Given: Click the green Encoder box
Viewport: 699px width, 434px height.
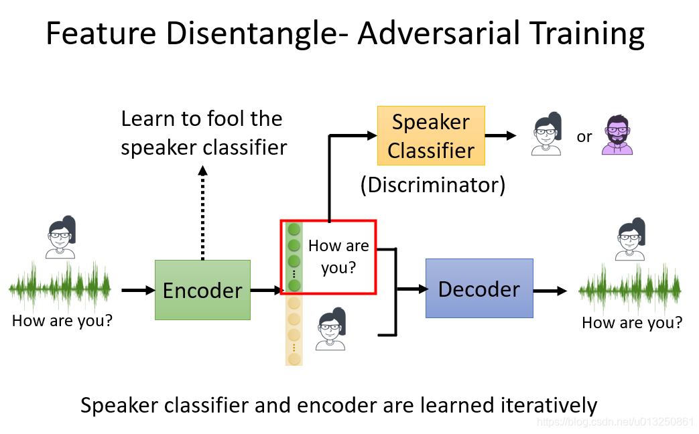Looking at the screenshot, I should (x=202, y=289).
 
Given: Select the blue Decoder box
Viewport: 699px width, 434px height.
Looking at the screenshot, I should (x=479, y=288).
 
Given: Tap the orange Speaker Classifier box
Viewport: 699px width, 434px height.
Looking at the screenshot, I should (x=431, y=136).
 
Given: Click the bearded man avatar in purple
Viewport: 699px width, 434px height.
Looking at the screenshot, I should (x=617, y=135).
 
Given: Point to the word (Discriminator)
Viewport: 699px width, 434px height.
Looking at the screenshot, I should (x=432, y=184).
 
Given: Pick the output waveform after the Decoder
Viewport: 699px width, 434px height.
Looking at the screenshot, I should (x=630, y=290).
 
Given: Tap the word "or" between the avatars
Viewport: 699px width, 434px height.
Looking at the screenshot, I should (x=584, y=137).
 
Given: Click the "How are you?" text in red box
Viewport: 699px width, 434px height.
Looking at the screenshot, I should (x=338, y=257).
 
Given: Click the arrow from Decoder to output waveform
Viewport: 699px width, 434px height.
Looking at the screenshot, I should (x=550, y=291).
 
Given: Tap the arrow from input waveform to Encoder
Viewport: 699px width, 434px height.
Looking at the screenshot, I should (x=137, y=291).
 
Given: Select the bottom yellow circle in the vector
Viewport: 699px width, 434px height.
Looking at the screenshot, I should (x=294, y=359).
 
